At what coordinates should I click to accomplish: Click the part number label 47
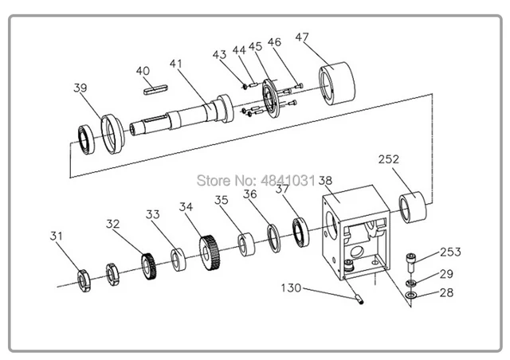click(x=303, y=37)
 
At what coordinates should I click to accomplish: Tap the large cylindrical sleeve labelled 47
click(x=338, y=82)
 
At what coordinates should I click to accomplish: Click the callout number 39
click(x=80, y=88)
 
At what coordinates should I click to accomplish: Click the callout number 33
click(x=153, y=215)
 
